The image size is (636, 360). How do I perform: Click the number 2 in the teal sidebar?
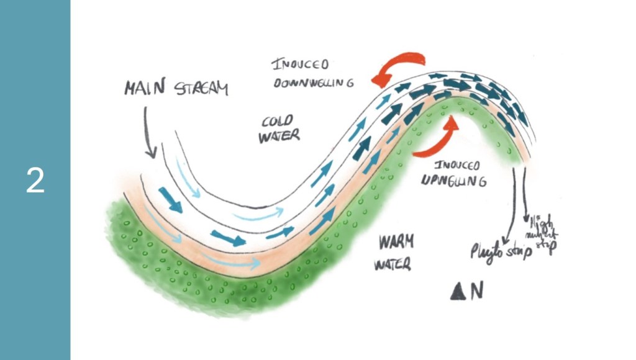pyautogui.click(x=35, y=180)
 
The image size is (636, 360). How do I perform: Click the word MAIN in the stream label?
pyautogui.click(x=145, y=88)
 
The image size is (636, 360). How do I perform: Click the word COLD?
pyautogui.click(x=277, y=120)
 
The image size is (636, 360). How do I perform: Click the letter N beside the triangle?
pyautogui.click(x=476, y=292)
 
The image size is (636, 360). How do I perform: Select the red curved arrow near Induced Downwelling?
pyautogui.click(x=399, y=67)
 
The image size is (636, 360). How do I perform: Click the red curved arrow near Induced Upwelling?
pyautogui.click(x=438, y=140)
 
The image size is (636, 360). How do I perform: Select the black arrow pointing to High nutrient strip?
pyautogui.click(x=526, y=192)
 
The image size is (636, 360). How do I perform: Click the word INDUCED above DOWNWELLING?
pyautogui.click(x=301, y=65)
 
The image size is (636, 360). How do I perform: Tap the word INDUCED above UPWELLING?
pyautogui.click(x=457, y=166)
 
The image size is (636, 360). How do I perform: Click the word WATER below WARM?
pyautogui.click(x=392, y=265)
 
